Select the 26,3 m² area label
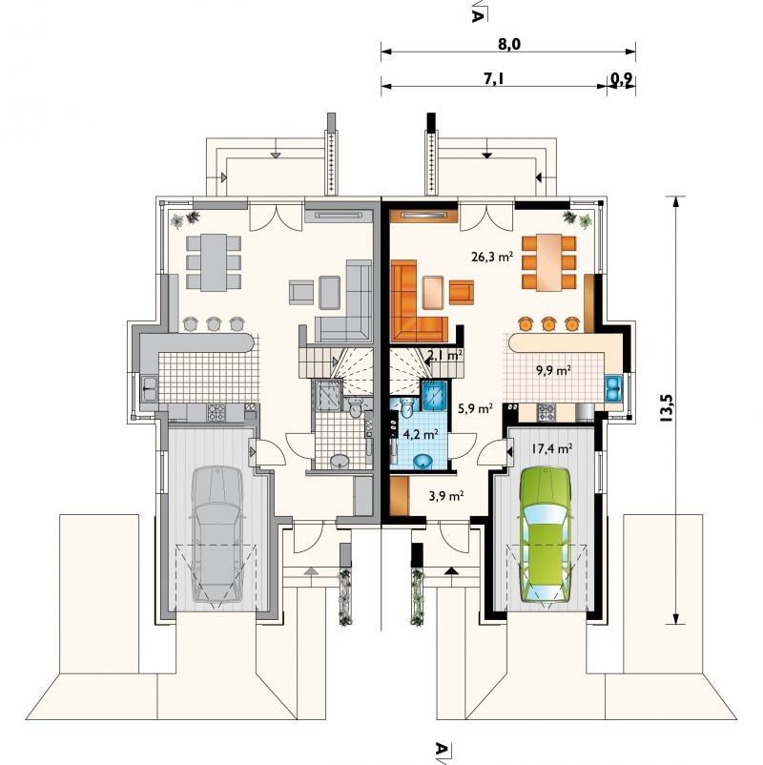tap(492, 257)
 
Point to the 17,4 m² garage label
tap(552, 448)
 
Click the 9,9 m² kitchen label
tap(554, 371)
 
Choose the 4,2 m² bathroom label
tap(420, 434)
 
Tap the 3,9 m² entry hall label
tap(446, 496)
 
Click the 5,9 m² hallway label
tap(474, 408)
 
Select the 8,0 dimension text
tap(509, 45)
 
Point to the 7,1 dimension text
tap(494, 79)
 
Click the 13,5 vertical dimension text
tap(667, 407)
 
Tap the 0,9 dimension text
tap(620, 79)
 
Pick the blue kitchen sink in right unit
tap(613, 388)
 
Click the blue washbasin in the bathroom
tap(423, 461)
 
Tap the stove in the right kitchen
tap(546, 413)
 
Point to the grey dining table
tap(214, 262)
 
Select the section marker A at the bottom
tap(442, 749)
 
